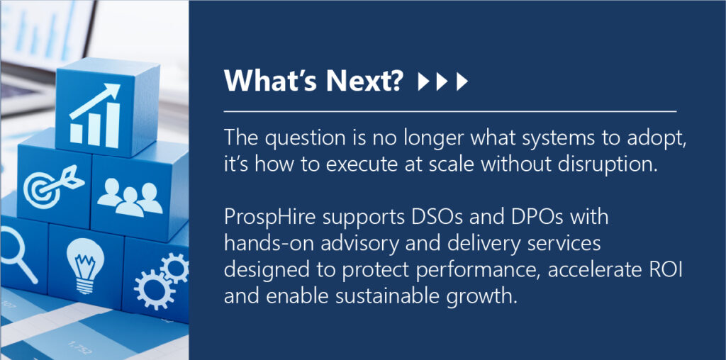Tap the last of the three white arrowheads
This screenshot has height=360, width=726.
pos(462,82)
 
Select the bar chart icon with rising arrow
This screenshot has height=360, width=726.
pos(95,116)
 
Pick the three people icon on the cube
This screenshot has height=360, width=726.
pos(130,198)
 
